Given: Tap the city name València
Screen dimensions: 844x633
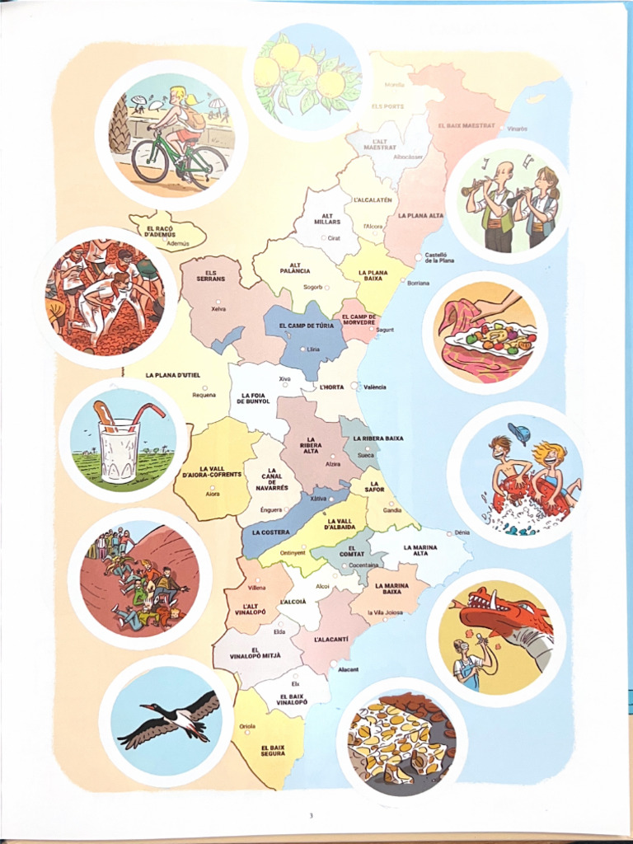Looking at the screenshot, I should [x=374, y=387].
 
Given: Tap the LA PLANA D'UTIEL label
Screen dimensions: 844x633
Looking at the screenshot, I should [x=173, y=375].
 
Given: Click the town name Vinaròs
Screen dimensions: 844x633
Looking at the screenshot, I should [x=517, y=129].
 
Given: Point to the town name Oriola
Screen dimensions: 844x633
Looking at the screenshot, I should [x=246, y=726].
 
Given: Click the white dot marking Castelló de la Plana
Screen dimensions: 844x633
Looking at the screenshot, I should [x=419, y=256].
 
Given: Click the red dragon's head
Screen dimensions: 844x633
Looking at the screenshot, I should [x=495, y=612].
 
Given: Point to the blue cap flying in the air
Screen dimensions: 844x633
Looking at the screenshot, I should [x=518, y=433].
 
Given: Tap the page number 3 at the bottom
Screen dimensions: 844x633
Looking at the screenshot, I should [x=311, y=816].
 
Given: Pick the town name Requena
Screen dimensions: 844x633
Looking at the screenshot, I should [x=204, y=395].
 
